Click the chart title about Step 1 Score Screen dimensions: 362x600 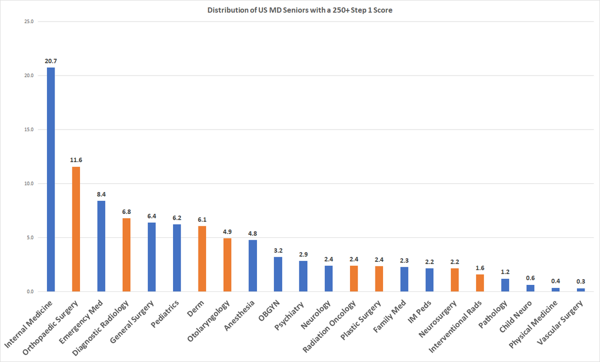(300, 11)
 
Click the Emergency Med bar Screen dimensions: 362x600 (101, 246)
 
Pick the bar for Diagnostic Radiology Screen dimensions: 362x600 (126, 255)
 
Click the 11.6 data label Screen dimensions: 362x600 (76, 160)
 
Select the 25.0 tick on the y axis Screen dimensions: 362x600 (28, 22)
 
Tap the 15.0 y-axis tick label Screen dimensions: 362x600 (28, 130)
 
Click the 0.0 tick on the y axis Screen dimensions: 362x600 (30, 291)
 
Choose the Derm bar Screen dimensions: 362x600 (202, 258)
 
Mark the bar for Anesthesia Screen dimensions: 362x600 (252, 265)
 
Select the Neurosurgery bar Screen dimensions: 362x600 (454, 280)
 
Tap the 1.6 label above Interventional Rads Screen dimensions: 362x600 (480, 268)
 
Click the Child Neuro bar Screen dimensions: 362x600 (530, 288)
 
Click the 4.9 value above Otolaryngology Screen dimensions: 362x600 (227, 231)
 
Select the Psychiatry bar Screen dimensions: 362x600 (303, 276)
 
